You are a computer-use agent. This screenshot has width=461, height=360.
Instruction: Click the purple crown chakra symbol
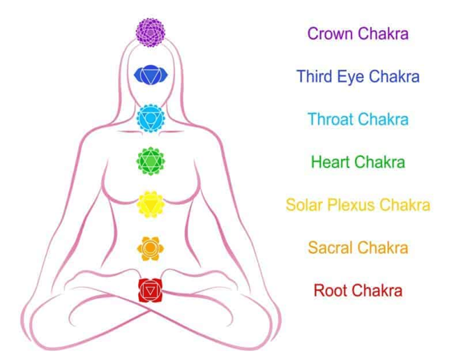coord(150,33)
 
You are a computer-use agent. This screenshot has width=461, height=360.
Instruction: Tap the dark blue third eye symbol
coord(150,75)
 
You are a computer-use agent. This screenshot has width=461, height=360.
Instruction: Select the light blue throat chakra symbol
coord(150,118)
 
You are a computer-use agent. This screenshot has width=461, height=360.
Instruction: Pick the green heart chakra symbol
coord(150,161)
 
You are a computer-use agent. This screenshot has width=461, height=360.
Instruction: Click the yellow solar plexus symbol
coord(150,205)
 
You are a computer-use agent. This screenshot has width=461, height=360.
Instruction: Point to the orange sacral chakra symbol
coord(150,248)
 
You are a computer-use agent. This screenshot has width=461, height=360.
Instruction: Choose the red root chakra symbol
coord(150,291)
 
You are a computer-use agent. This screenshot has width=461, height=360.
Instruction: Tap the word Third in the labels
coord(314,76)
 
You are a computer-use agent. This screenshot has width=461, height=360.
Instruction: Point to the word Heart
coord(330,162)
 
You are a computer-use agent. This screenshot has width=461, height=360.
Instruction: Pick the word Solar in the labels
coord(304,205)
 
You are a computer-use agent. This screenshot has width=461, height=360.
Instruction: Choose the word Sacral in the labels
coord(330,247)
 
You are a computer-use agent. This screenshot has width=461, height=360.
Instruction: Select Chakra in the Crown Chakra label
coord(383,33)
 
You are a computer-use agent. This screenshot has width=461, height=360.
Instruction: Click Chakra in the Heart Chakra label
coord(380,162)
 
